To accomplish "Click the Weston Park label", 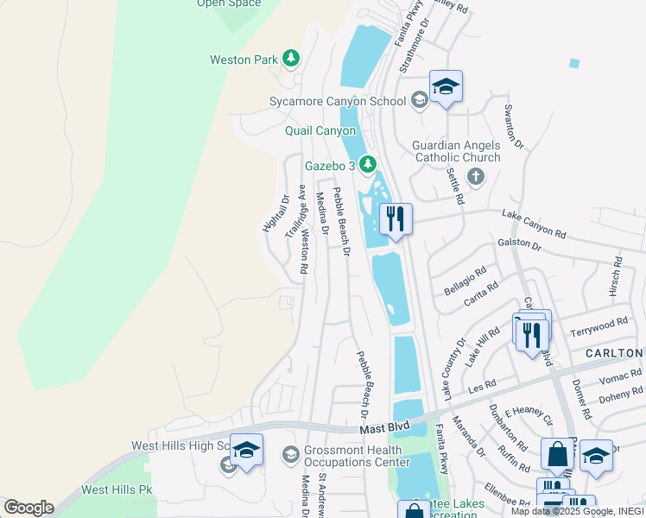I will click(244, 60).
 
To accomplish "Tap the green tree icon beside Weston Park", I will click(292, 59).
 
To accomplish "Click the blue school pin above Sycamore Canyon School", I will click(446, 87).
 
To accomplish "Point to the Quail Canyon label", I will click(320, 130).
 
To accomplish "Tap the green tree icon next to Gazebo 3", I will click(369, 164).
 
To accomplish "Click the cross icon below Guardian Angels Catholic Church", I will click(474, 176).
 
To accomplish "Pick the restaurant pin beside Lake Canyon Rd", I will click(396, 219).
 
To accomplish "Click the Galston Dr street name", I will click(519, 246).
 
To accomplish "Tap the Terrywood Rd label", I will click(598, 327).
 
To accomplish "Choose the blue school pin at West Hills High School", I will click(246, 450).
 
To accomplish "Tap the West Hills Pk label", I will click(117, 490).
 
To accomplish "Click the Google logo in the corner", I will click(28, 508).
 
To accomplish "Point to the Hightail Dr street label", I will click(275, 212).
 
